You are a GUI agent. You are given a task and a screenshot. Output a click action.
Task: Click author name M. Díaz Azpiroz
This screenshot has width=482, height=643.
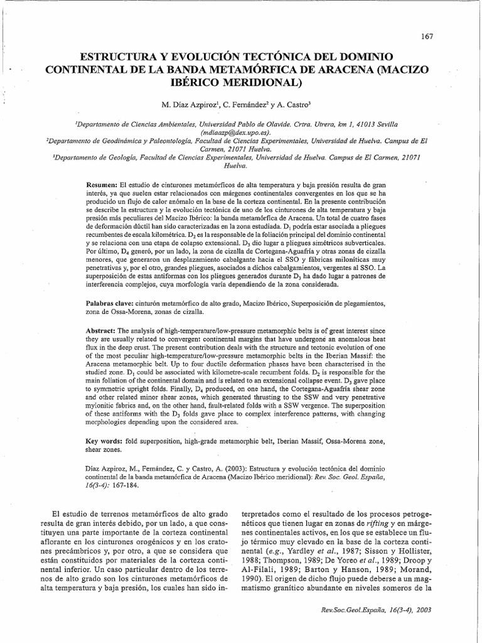pos(186,104)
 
